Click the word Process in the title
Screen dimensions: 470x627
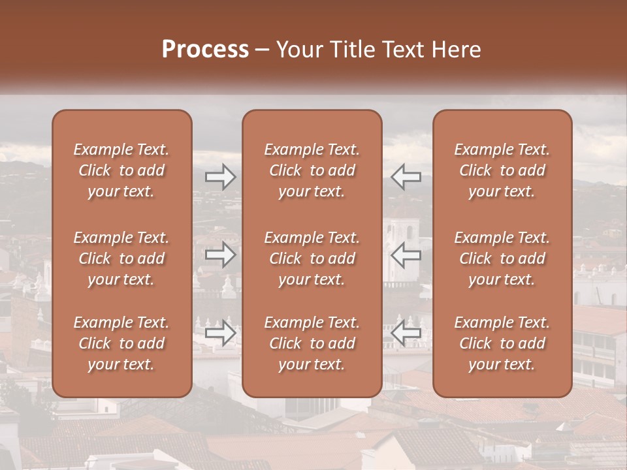click(x=205, y=50)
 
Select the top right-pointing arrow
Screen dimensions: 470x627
click(x=220, y=176)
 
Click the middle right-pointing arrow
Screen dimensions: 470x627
click(x=220, y=255)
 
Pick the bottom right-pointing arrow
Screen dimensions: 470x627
click(x=220, y=333)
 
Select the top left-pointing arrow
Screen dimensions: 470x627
click(x=406, y=176)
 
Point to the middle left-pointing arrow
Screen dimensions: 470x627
click(x=406, y=255)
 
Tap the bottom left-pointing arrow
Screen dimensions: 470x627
click(x=406, y=333)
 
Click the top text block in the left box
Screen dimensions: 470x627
click(x=121, y=170)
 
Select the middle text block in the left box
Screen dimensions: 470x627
click(x=121, y=258)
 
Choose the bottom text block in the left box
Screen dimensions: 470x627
click(x=121, y=343)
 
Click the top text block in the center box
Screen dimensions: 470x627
click(x=312, y=170)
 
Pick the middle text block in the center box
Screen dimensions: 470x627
click(x=312, y=258)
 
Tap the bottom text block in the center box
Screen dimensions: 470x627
click(x=312, y=343)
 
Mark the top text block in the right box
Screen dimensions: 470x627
click(x=502, y=170)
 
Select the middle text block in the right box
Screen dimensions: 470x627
click(x=502, y=258)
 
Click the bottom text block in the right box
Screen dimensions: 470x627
click(x=502, y=343)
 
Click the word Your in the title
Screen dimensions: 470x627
click(x=297, y=50)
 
